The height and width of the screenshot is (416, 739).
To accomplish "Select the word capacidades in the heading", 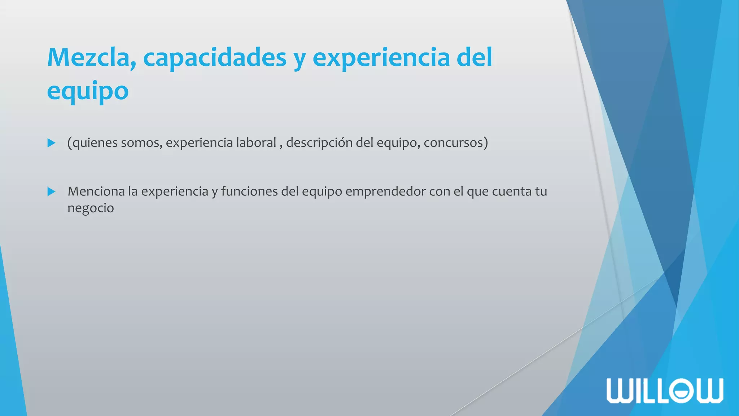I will point(215,58).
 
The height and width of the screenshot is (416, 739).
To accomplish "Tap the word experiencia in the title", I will point(381,58).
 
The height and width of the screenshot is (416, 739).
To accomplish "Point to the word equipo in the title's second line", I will point(88,91).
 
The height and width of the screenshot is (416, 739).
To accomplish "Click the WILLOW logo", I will point(665,390).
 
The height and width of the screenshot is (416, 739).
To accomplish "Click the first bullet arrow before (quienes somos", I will point(51,143).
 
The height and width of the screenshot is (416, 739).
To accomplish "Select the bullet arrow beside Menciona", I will point(51,191).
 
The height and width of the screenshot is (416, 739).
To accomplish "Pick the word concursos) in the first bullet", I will point(456,143).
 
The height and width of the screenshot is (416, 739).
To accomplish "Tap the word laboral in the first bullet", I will point(256,143).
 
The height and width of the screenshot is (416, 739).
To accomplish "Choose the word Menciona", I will point(96,191).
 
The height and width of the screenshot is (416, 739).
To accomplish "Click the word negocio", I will point(91,208).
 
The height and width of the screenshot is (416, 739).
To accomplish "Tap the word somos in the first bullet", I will point(141,143).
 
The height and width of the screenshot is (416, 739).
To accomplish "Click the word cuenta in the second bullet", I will point(512,191).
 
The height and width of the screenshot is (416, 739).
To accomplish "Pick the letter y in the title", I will point(299,60).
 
